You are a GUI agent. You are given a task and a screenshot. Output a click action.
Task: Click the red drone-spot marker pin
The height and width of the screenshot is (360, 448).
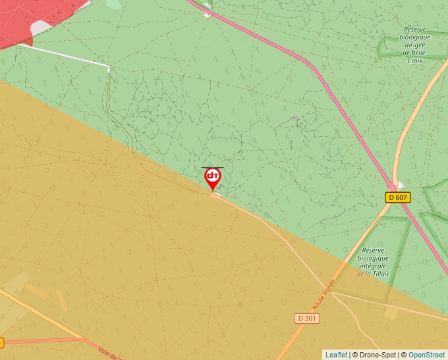212,177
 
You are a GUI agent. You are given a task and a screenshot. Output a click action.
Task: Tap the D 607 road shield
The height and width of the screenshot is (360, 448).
398,197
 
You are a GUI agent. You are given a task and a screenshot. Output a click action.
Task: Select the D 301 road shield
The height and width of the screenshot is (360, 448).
306,319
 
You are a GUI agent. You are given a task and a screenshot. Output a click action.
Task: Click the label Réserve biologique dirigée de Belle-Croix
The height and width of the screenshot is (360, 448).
415,41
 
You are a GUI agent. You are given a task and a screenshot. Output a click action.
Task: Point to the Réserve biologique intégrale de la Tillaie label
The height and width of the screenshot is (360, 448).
374,262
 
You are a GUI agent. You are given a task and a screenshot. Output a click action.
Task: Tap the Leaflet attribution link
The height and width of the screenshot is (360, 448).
336,355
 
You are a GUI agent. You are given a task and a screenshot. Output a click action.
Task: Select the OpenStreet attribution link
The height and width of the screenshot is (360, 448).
426,355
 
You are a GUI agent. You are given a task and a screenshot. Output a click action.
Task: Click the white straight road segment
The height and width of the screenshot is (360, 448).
63,55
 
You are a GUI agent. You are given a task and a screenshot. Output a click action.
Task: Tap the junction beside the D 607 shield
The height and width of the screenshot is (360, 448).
394,186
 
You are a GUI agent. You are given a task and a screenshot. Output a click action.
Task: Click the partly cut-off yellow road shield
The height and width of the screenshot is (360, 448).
1,342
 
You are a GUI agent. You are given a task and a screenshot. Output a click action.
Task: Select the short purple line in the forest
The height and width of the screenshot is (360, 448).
295,119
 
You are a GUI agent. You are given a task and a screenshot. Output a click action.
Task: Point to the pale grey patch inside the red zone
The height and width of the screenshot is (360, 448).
42,28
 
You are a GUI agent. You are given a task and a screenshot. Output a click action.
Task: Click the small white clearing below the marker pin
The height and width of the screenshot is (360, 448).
215,194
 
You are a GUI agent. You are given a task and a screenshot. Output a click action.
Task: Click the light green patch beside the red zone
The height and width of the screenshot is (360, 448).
113,4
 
